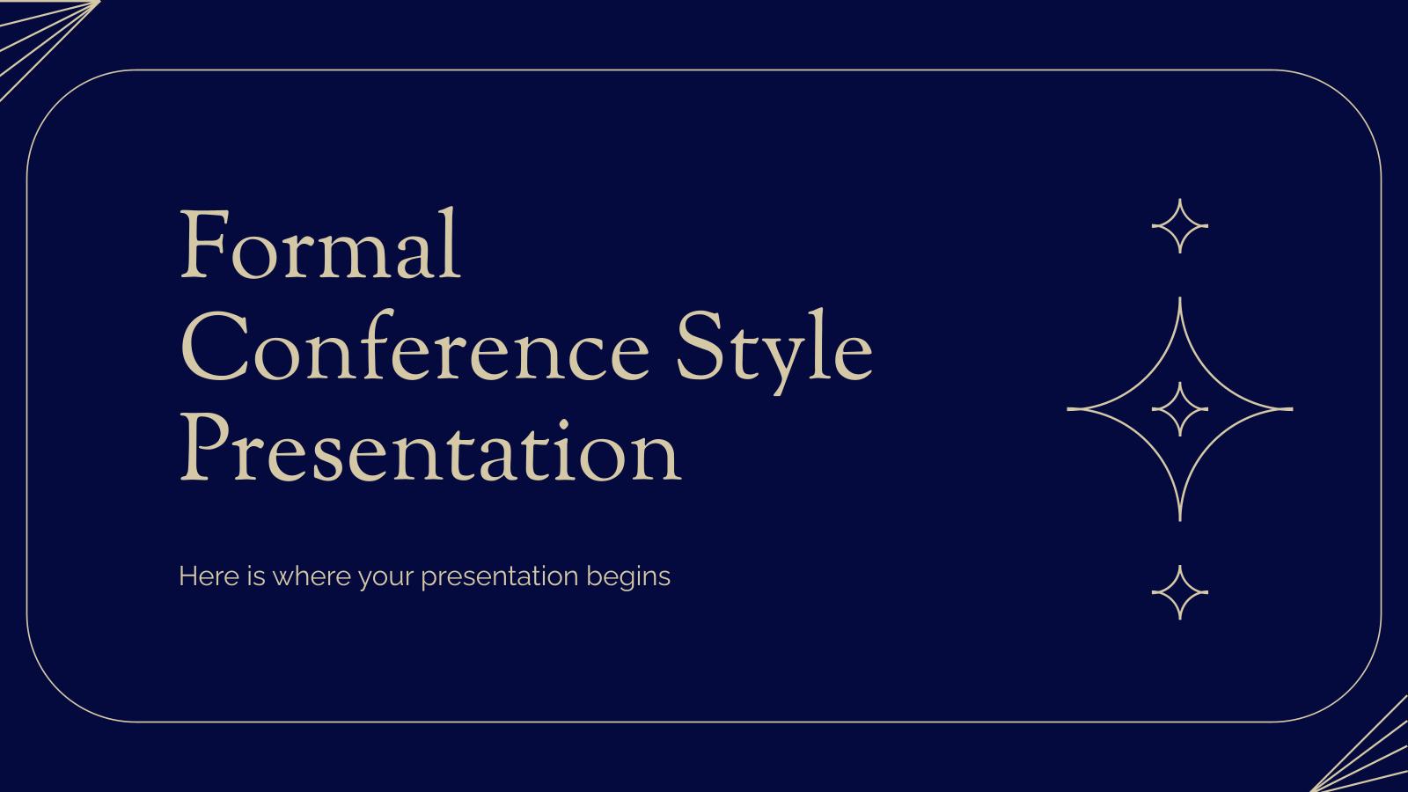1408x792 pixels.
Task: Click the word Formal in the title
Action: tap(320, 246)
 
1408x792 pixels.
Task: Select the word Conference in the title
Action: tap(414, 350)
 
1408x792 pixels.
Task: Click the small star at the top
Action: tap(1179, 226)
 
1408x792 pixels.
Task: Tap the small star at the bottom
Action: tap(1179, 592)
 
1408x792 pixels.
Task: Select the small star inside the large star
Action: tap(1179, 409)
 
